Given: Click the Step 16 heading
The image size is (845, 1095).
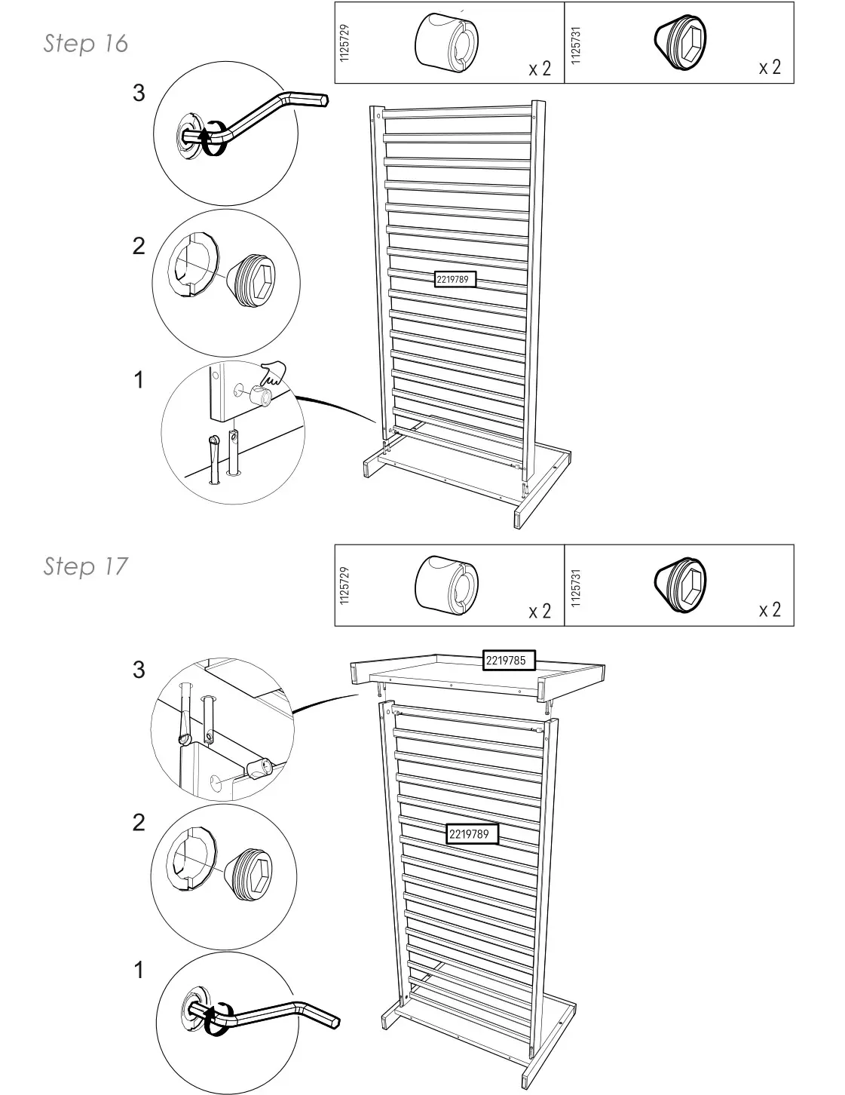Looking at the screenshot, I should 85,44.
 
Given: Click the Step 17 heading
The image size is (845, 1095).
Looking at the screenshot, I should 85,566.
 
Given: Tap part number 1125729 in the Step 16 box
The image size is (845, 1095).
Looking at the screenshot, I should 344,43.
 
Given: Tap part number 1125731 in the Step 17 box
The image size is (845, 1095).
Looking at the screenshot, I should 577,586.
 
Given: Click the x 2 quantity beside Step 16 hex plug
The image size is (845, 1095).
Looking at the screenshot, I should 770,67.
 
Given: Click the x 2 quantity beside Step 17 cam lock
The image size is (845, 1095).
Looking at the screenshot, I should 540,610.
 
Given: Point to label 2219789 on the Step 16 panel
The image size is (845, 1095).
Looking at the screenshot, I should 452,279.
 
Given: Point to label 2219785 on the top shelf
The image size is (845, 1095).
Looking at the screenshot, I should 509,661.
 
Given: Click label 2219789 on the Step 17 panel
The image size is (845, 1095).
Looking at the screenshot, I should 472,834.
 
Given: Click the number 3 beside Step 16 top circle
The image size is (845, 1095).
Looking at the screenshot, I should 139,94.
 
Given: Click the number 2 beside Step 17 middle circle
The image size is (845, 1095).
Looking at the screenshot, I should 139,823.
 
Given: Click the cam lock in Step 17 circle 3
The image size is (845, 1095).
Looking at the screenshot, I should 259,770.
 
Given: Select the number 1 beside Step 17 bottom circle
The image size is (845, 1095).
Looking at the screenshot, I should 139,971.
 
